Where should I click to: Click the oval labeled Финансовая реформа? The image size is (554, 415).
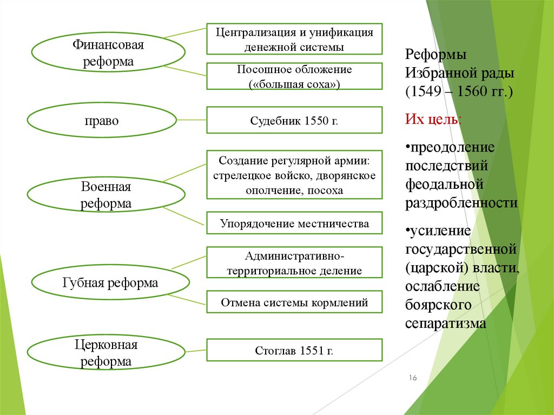point(108,52)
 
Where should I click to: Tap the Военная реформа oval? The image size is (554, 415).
point(106,195)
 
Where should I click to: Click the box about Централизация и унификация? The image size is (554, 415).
point(294,39)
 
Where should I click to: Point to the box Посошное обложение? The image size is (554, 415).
point(294,76)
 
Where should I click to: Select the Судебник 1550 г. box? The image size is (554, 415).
point(294,120)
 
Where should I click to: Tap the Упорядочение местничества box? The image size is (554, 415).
point(294,223)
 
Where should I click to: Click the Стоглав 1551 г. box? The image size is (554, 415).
point(294,351)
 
